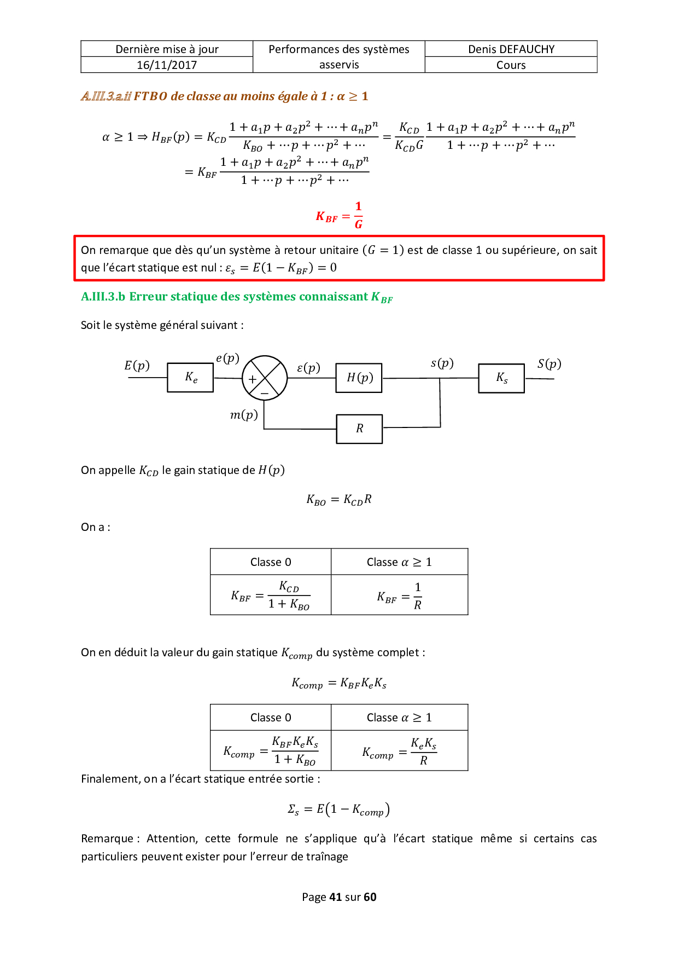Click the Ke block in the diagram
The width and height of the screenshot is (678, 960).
pos(190,378)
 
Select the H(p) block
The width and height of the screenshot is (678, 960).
pos(359,378)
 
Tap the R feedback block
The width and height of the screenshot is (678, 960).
pos(359,429)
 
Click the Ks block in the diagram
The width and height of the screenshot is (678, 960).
pos(501,378)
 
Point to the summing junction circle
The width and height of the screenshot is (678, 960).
pos(265,378)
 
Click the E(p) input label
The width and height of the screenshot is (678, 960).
pos(137,366)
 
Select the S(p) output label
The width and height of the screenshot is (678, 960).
pos(549,364)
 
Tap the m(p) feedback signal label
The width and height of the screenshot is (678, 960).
pos(244,415)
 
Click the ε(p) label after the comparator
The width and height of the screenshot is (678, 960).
pos(308,368)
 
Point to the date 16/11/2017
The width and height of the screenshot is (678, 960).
pos(167,65)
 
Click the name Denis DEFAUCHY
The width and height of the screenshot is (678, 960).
pos(511,49)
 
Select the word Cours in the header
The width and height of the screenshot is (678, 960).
pos(511,65)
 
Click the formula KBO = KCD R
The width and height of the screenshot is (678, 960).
pos(339,500)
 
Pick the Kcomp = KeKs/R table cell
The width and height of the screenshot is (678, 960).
pos(399,751)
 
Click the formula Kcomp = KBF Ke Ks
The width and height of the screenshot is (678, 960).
pos(339,684)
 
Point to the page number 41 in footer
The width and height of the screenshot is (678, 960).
pos(335,897)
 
